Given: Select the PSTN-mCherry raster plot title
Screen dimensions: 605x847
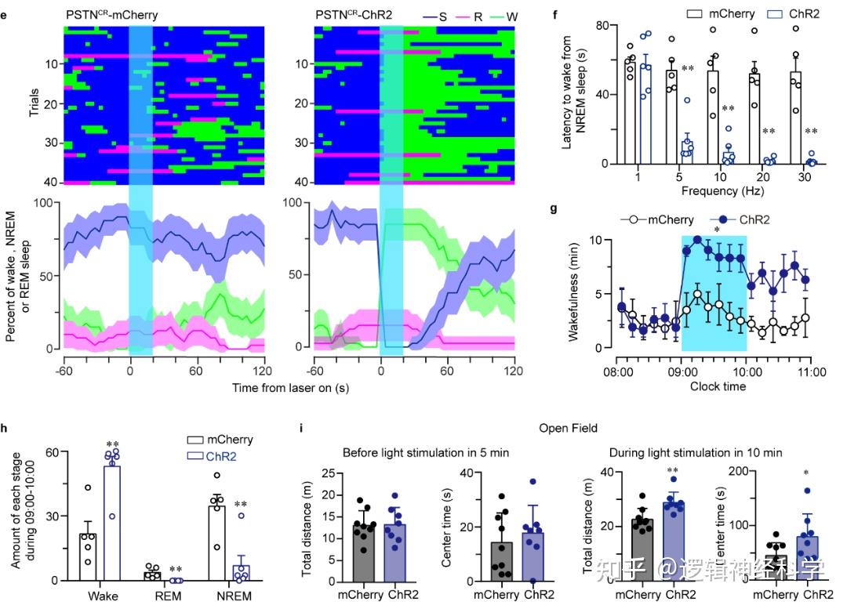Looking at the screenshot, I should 111,14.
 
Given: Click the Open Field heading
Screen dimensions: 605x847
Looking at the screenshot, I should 569,428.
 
